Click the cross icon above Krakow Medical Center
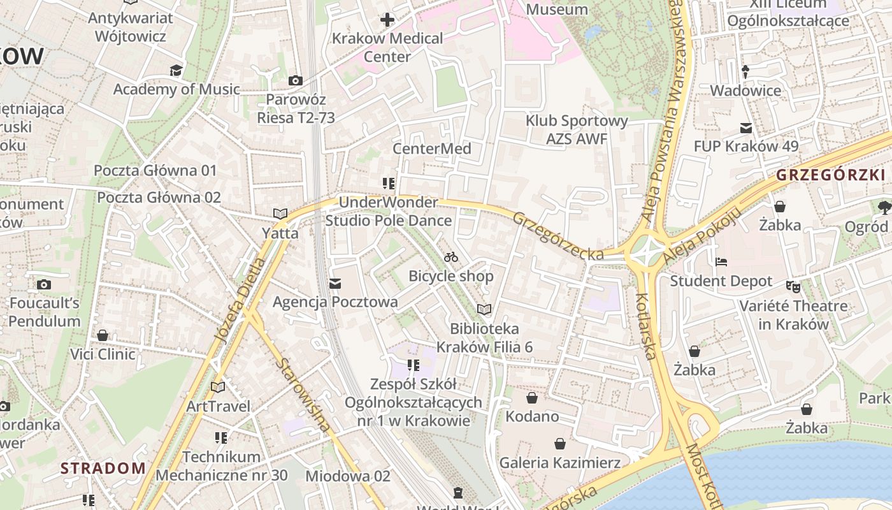pos(387,20)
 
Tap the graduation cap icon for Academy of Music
pos(176,70)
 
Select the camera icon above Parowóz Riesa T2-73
pos(296,80)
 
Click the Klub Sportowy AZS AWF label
pos(577,129)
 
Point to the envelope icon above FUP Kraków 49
pos(745,127)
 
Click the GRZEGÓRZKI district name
pos(831,175)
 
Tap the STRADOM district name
pos(103,468)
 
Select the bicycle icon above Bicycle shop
pos(451,257)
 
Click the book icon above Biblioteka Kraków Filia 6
pos(484,310)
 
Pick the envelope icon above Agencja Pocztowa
pos(335,283)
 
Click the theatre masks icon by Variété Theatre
pos(793,286)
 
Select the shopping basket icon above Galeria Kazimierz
pos(560,443)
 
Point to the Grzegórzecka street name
pos(558,236)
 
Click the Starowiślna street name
pos(305,395)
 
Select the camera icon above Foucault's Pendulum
pos(44,284)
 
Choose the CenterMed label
pos(432,149)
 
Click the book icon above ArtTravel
pos(218,387)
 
